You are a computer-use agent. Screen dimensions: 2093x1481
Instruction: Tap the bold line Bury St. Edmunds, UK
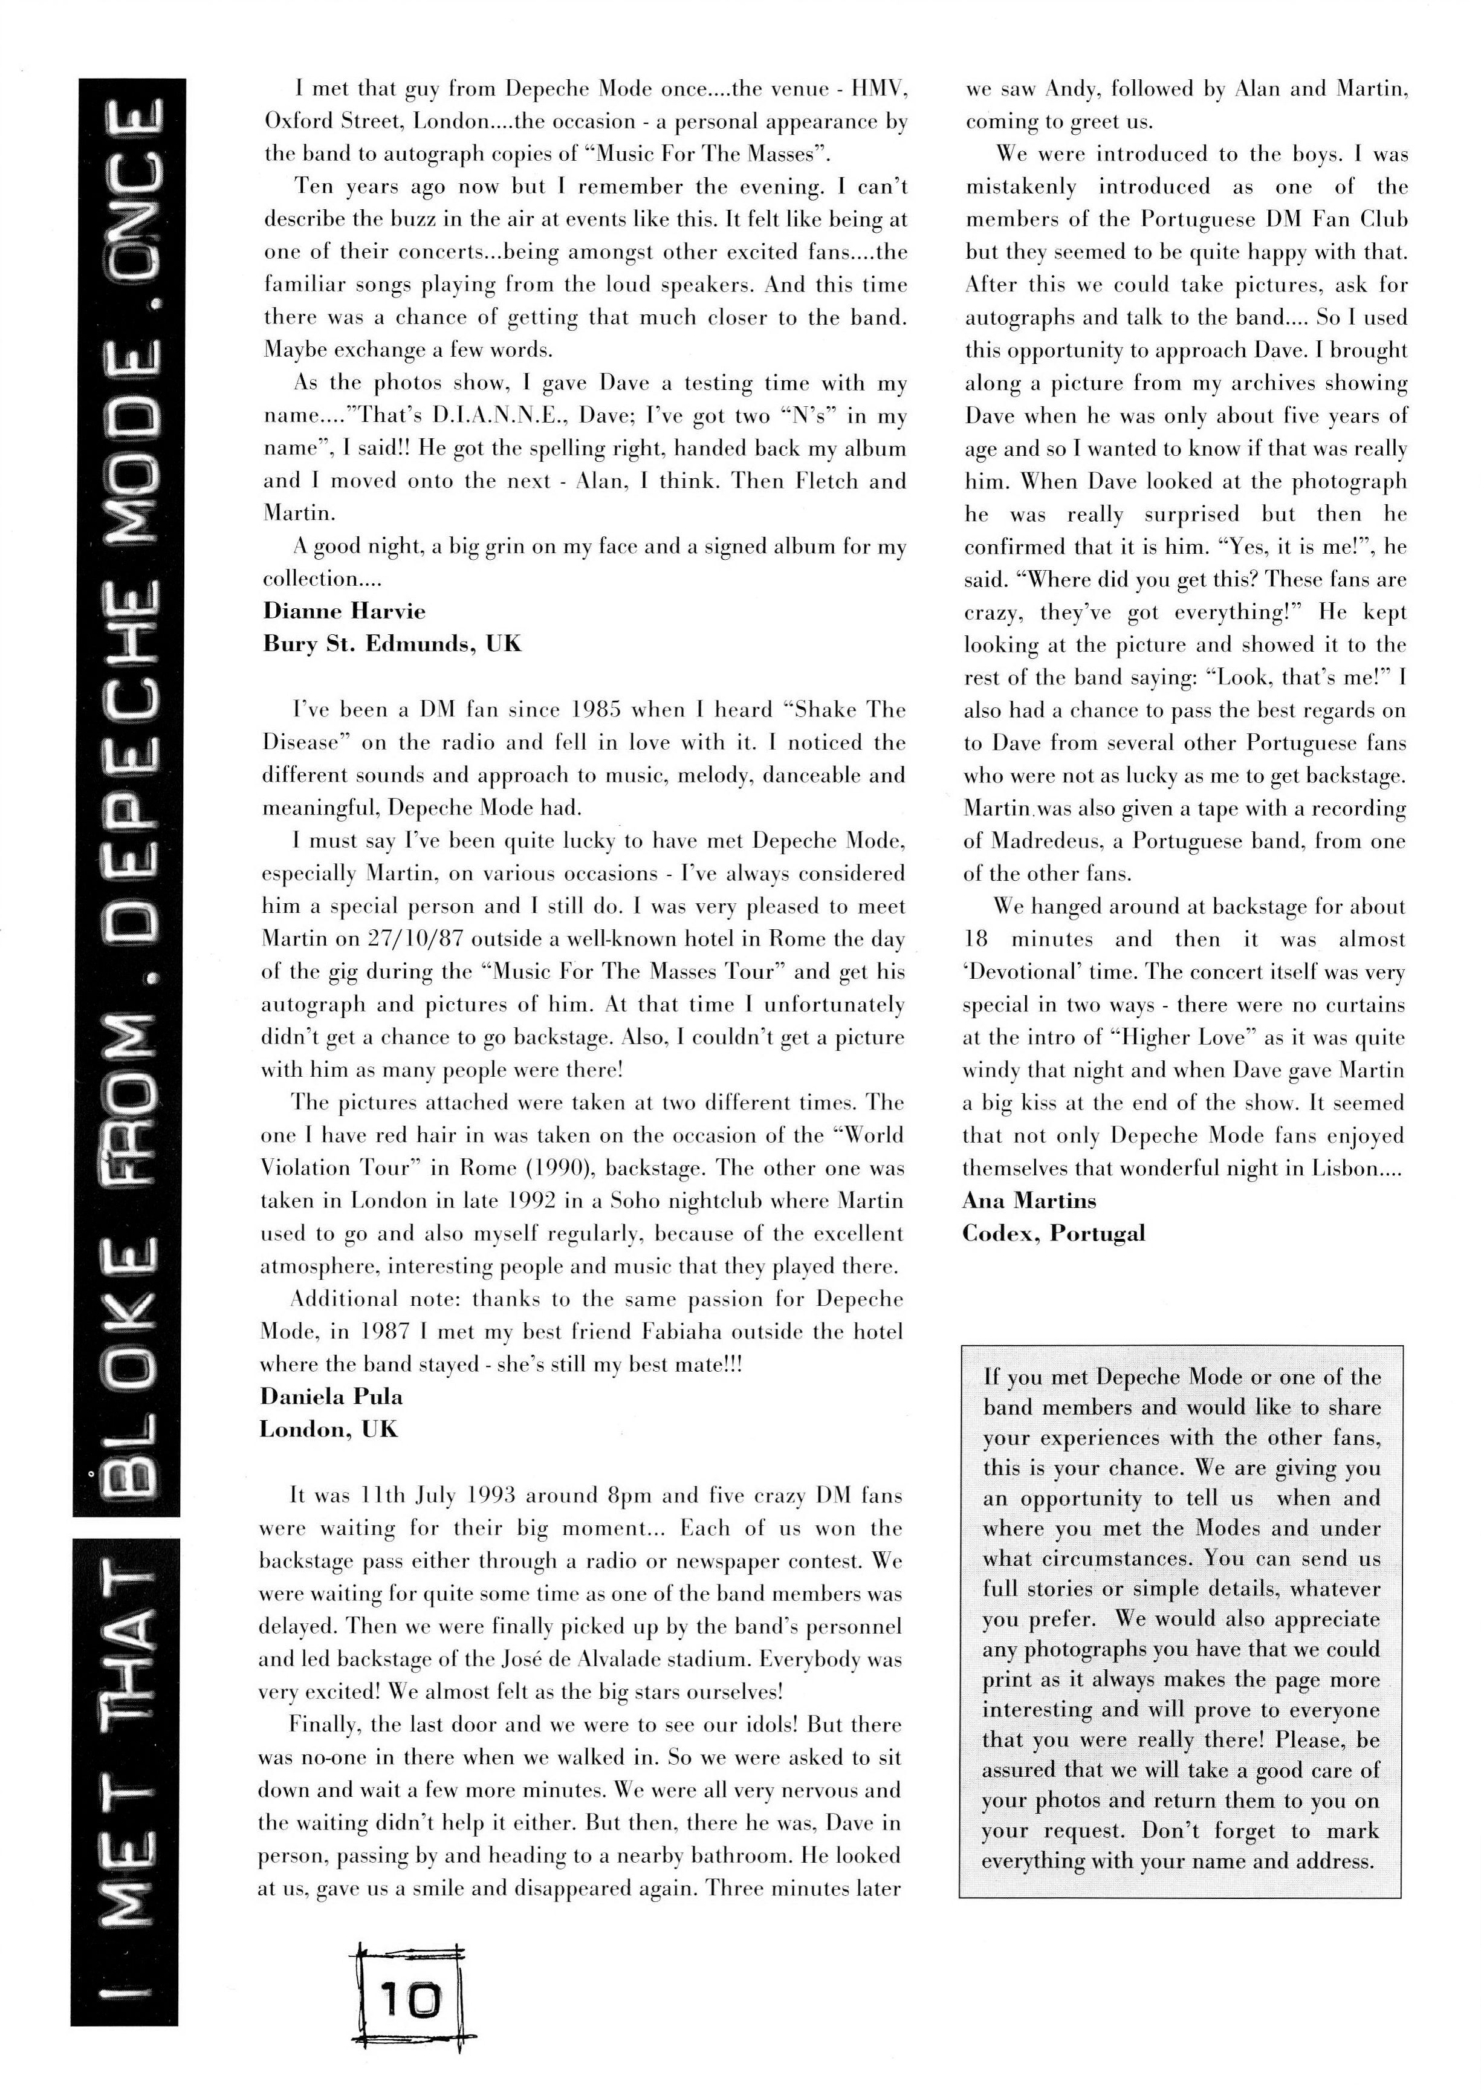392,644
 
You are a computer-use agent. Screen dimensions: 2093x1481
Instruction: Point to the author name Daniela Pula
331,1397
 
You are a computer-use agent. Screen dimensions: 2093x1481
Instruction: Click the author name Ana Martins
1029,1201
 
